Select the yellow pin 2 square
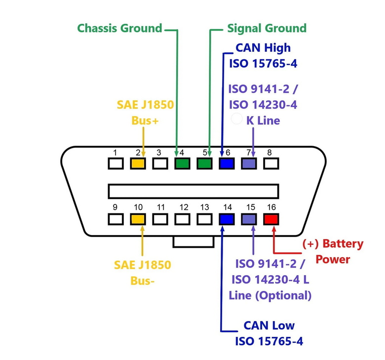(x=138, y=163)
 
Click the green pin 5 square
(x=204, y=163)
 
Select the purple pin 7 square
(x=249, y=163)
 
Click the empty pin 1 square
(x=115, y=163)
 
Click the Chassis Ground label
(x=119, y=28)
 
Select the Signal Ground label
(x=267, y=28)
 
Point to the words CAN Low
(x=269, y=325)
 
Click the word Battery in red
(x=343, y=244)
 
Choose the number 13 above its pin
(x=204, y=207)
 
